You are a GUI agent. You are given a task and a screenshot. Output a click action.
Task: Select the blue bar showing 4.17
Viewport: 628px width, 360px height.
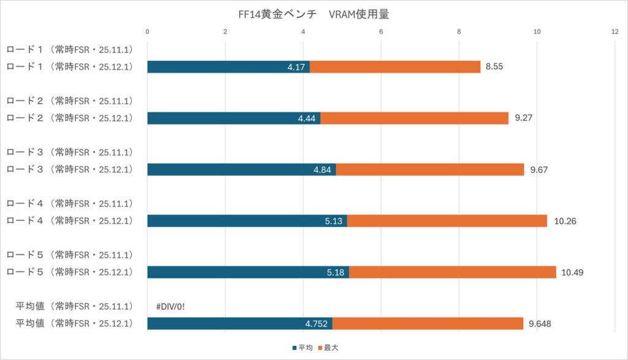[228, 67]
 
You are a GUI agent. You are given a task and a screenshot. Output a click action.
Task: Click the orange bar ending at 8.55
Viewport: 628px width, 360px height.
[395, 67]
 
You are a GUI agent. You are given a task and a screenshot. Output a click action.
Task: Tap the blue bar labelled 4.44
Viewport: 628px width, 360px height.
[234, 118]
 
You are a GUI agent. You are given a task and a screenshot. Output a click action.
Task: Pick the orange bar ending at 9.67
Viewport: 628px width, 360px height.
[430, 170]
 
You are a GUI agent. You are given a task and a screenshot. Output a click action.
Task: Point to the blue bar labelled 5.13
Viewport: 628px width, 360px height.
[247, 221]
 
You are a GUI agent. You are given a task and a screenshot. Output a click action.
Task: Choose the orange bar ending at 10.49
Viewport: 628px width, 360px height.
[452, 272]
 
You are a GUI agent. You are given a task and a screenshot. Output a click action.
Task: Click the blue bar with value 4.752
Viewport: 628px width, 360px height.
[240, 324]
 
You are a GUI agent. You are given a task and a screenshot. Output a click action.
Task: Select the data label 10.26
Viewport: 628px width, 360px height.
[565, 221]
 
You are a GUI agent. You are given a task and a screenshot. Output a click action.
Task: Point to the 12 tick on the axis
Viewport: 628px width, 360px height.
[615, 32]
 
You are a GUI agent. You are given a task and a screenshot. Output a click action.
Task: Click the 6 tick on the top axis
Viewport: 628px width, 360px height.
[381, 32]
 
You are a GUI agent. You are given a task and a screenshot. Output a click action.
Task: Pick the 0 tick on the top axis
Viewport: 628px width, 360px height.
[148, 32]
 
